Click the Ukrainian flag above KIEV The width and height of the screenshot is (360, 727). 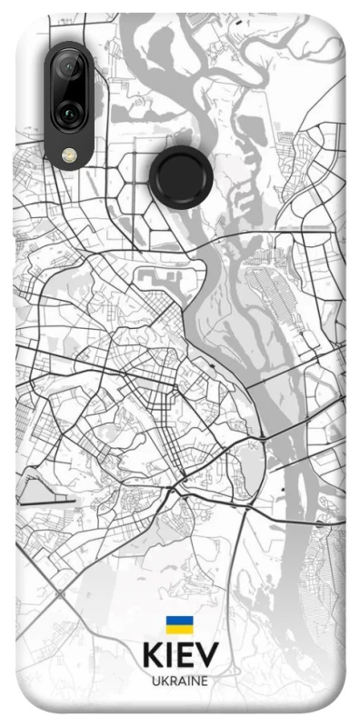click(179, 624)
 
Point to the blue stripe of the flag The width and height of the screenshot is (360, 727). click(179, 621)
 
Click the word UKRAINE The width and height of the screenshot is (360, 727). click(180, 681)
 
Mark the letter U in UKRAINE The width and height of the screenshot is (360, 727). click(156, 681)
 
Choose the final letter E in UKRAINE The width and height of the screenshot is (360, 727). click(205, 681)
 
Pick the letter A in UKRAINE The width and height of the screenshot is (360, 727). click(180, 681)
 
